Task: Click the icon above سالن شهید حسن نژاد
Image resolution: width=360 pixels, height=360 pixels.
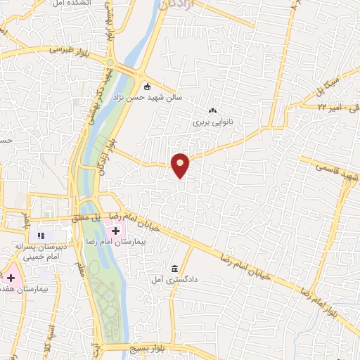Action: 146,87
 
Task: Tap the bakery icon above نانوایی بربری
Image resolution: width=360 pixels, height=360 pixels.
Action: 213,110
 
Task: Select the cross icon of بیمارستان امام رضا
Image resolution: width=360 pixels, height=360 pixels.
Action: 115,230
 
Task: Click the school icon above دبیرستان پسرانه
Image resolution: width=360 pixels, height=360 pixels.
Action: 40,235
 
